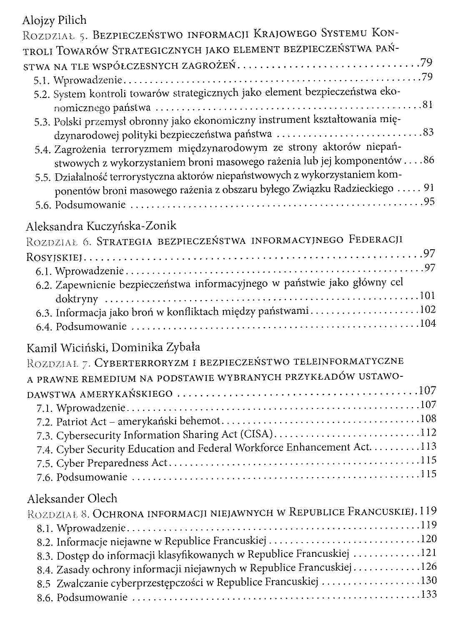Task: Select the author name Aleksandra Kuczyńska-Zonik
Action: coord(101,226)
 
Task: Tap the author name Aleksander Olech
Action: coord(72,498)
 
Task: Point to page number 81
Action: coord(427,105)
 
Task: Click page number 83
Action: coord(428,133)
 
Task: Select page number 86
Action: coord(428,160)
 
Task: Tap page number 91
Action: coord(429,188)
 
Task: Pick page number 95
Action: coord(429,202)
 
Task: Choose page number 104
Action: coord(428,323)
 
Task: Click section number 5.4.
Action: coord(43,150)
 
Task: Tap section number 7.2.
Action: coord(45,422)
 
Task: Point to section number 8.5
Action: coord(45,583)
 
